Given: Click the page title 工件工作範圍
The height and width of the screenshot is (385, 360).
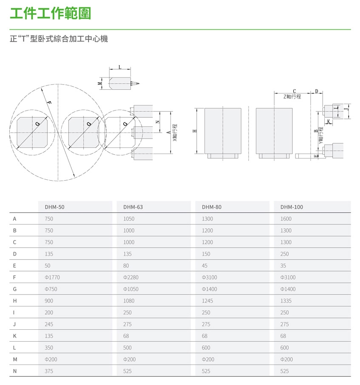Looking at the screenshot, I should [50, 14].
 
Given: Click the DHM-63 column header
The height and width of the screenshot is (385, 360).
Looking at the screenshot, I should [133, 207].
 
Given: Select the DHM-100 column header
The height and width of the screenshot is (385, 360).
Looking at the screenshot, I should [292, 207].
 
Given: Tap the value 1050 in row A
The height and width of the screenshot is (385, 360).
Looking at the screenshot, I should [129, 219].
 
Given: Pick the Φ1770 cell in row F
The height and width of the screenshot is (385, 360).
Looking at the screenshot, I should [52, 277].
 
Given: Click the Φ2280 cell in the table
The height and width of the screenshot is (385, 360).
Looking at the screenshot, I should [131, 277].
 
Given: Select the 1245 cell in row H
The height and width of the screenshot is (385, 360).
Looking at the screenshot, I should [207, 301].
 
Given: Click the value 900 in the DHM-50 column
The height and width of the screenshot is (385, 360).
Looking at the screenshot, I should [49, 301].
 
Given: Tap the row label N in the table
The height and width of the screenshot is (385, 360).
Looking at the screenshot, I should [15, 371].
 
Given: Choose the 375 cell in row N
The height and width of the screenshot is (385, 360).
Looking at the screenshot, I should [49, 371].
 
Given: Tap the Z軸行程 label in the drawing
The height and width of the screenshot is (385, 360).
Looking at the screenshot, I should [292, 96].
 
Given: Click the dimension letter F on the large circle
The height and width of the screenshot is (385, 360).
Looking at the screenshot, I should [49, 103].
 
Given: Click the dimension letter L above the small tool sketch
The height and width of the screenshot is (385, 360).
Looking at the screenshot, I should [120, 67].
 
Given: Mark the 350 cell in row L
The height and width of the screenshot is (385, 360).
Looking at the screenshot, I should [49, 348].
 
